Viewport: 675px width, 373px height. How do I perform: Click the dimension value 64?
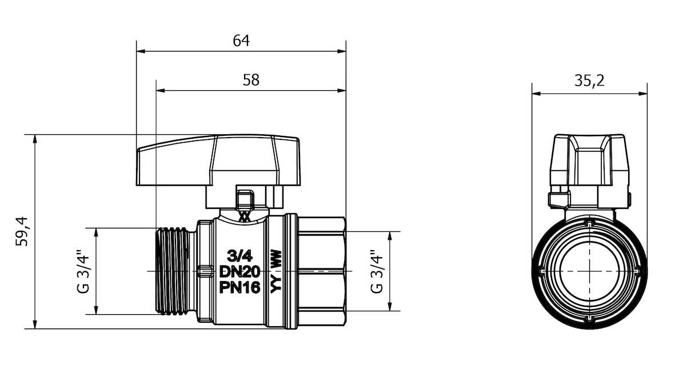[x=241, y=41]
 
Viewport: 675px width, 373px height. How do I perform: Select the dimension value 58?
[x=251, y=80]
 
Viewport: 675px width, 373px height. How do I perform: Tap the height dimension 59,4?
[x=22, y=231]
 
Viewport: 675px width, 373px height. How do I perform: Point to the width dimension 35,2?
[x=589, y=81]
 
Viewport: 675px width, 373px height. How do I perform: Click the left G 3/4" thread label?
[x=83, y=271]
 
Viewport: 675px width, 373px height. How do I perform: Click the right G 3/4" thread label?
[x=377, y=271]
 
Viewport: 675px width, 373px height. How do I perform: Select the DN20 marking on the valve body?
[x=240, y=271]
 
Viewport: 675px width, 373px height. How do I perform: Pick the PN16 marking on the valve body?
[x=240, y=287]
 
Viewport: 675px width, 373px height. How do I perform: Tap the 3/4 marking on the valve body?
[x=240, y=256]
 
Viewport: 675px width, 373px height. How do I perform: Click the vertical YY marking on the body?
[x=275, y=284]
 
